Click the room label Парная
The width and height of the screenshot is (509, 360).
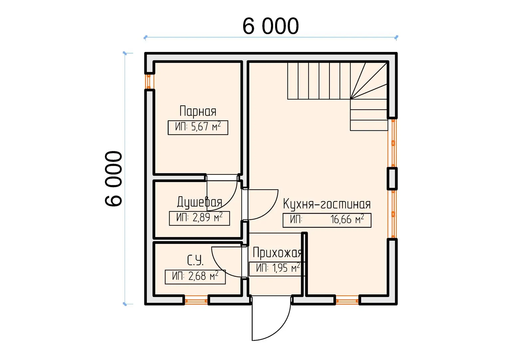(x=198, y=111)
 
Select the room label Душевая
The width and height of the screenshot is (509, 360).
(x=200, y=202)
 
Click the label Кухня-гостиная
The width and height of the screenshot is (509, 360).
(x=327, y=204)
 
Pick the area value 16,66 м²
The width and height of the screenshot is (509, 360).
(x=347, y=219)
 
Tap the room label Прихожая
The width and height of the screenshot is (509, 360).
(x=277, y=252)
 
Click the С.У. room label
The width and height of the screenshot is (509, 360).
(x=195, y=260)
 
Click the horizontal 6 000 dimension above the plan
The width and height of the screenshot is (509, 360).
(x=270, y=26)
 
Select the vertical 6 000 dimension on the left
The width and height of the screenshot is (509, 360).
(x=113, y=179)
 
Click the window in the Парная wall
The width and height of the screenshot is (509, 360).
(x=149, y=81)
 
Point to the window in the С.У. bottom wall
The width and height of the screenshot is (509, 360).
(x=196, y=300)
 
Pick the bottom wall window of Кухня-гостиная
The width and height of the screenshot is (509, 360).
(x=347, y=300)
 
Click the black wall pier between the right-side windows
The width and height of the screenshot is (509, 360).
(x=392, y=179)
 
